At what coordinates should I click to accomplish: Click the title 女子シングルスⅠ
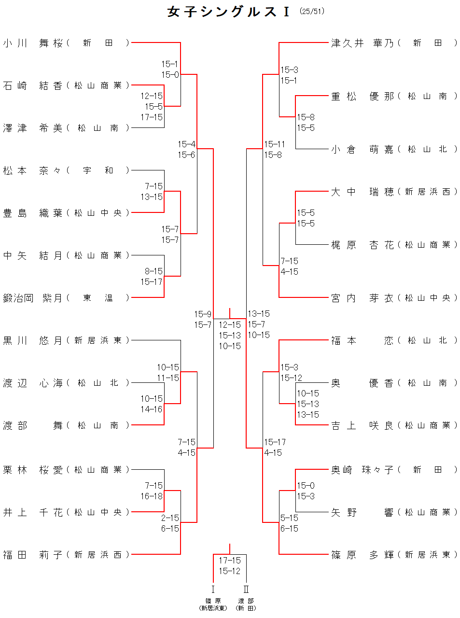click(x=229, y=12)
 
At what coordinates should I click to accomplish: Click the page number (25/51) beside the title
click(x=312, y=11)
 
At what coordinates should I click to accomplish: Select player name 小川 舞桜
click(x=33, y=43)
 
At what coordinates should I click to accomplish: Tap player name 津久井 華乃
click(x=362, y=43)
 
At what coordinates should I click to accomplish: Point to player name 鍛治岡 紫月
click(x=33, y=298)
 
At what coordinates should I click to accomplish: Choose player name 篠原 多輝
click(x=362, y=555)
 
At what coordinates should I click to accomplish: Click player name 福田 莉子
click(x=33, y=555)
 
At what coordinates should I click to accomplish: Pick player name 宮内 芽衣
click(x=362, y=298)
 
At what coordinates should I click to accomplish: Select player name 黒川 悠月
click(x=33, y=340)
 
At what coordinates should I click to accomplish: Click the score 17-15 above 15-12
click(x=229, y=560)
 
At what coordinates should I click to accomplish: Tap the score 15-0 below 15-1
click(x=170, y=74)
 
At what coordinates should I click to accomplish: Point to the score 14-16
click(x=152, y=409)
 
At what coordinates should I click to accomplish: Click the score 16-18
click(x=152, y=496)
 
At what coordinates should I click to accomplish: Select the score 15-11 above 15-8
click(x=275, y=144)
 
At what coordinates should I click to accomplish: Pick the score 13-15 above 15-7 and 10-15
click(x=259, y=313)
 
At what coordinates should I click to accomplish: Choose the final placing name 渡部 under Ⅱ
click(x=246, y=601)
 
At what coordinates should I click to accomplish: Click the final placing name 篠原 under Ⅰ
click(x=213, y=601)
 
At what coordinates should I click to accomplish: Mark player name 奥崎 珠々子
click(x=362, y=470)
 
